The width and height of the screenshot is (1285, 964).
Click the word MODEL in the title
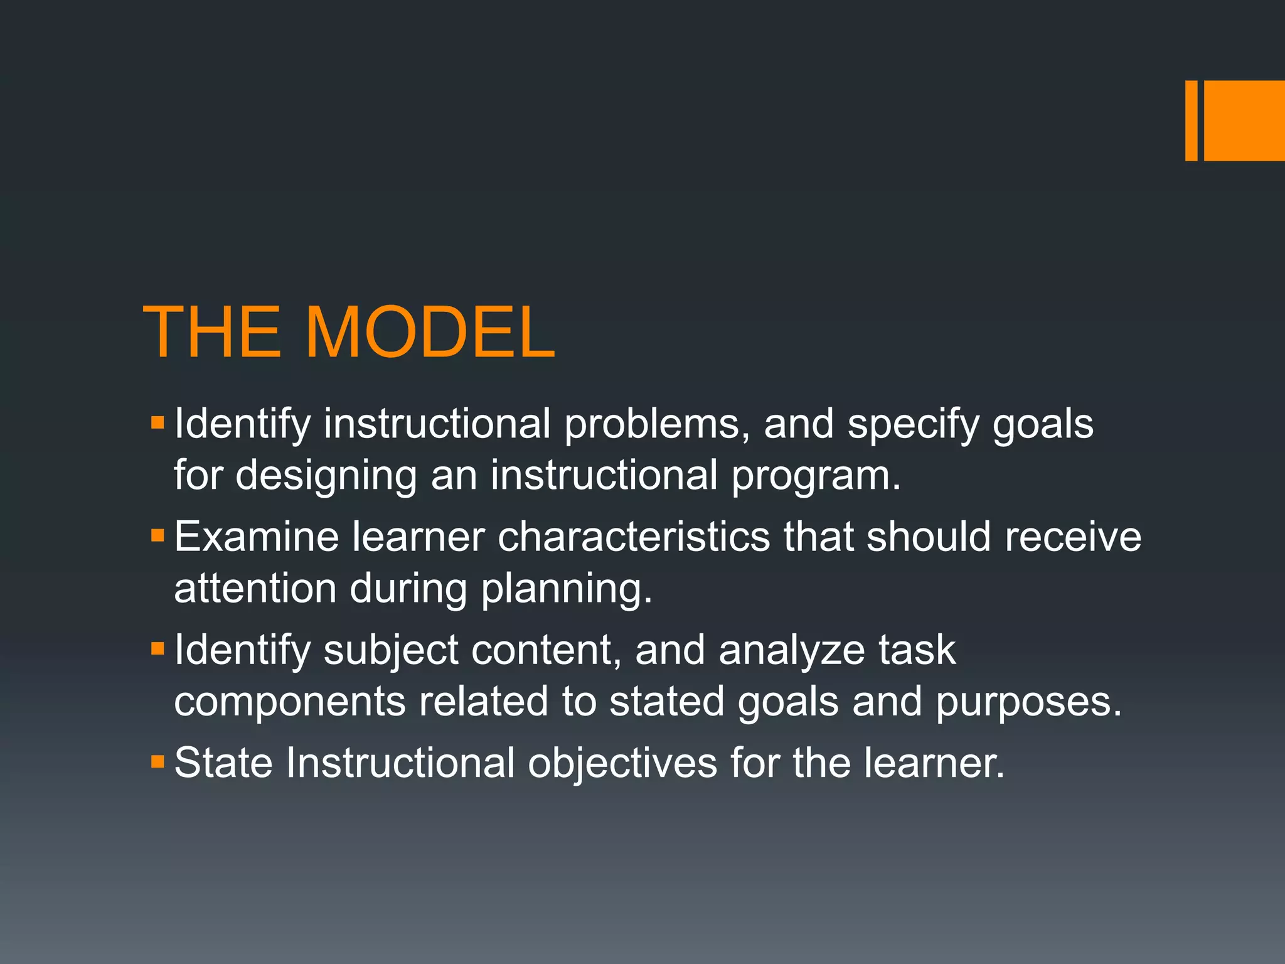pyautogui.click(x=430, y=333)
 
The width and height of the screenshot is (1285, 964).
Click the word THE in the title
pyautogui.click(x=212, y=333)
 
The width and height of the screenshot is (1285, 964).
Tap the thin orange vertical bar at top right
pyautogui.click(x=1191, y=120)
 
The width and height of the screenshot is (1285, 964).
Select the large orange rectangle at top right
pyautogui.click(x=1244, y=120)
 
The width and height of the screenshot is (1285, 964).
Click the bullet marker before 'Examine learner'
pyautogui.click(x=157, y=536)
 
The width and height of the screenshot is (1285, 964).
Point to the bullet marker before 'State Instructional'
pyautogui.click(x=157, y=762)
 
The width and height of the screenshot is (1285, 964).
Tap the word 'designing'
pyautogui.click(x=326, y=476)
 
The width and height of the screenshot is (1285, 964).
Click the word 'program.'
pyautogui.click(x=816, y=476)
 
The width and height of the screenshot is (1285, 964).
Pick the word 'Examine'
pyautogui.click(x=257, y=537)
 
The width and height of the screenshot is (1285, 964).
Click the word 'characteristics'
pyautogui.click(x=634, y=537)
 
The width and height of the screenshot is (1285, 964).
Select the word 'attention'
pyautogui.click(x=255, y=589)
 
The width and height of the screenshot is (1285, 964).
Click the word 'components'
pyautogui.click(x=289, y=702)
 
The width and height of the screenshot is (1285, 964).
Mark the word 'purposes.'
pyautogui.click(x=1028, y=703)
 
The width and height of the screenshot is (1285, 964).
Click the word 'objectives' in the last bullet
pyautogui.click(x=622, y=763)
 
